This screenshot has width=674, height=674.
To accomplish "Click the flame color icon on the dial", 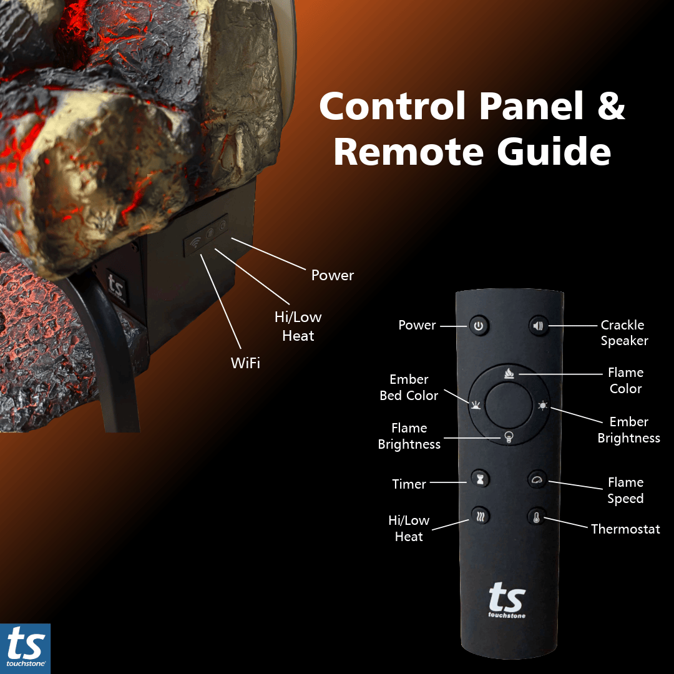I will pos(508,374).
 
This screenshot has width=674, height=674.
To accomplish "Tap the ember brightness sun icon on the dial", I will pos(542,406).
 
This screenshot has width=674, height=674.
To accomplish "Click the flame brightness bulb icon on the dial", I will pos(509,437).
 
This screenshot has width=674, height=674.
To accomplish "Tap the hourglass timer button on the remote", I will pos(480,479).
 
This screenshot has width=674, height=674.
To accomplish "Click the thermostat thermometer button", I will pos(536,517).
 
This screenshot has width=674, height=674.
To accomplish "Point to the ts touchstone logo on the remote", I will pos(506,600).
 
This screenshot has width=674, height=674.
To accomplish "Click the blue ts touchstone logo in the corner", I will pos(25,648).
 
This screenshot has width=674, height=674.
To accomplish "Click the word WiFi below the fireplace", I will pos(245,363).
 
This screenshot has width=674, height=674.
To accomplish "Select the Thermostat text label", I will pos(625,529).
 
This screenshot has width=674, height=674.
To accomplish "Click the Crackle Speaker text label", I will pos(623,333).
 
